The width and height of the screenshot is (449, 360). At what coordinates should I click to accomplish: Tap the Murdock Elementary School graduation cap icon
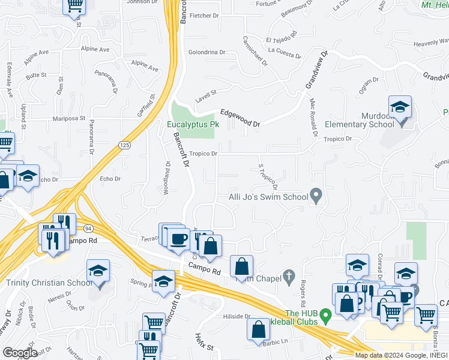(x=400, y=108)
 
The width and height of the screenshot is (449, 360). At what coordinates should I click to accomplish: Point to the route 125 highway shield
(x=124, y=145)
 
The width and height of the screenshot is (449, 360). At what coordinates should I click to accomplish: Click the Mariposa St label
(x=70, y=119)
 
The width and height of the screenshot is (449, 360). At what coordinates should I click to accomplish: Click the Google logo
(x=20, y=353)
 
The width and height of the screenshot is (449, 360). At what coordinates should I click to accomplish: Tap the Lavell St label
(x=205, y=92)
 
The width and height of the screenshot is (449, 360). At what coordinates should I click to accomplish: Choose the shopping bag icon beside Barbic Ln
(x=258, y=329)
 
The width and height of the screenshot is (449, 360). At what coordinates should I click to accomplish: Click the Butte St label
(x=36, y=75)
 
